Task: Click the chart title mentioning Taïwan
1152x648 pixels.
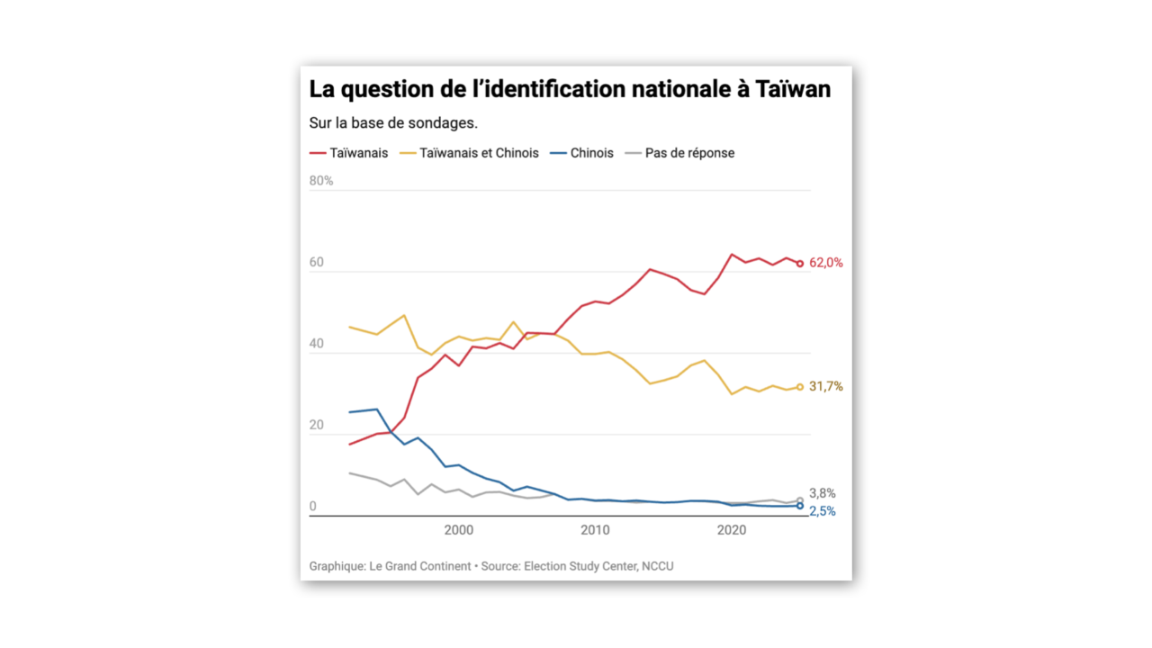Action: tap(570, 90)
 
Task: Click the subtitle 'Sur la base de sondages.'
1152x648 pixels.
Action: tap(393, 122)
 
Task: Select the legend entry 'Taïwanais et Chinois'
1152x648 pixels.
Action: tap(479, 153)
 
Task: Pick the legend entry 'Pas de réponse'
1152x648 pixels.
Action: tap(689, 153)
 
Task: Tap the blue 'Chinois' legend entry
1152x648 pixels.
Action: tap(591, 153)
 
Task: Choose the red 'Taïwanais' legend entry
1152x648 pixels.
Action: tap(358, 153)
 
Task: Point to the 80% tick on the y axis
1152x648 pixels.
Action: tap(321, 181)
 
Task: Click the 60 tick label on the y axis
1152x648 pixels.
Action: tap(317, 263)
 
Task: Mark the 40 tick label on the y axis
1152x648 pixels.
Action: tap(317, 344)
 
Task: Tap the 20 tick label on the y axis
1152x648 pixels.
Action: tap(317, 425)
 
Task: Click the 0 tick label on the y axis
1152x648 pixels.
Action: tap(313, 507)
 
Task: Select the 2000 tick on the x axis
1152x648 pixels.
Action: tap(458, 530)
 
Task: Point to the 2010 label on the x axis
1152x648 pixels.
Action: tap(595, 530)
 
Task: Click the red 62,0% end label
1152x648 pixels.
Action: tap(825, 263)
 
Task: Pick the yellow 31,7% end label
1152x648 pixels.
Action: tap(825, 387)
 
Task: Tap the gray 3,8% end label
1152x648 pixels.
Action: tap(823, 493)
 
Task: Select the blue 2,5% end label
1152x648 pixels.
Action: tap(823, 511)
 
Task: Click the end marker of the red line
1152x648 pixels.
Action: tap(799, 264)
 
